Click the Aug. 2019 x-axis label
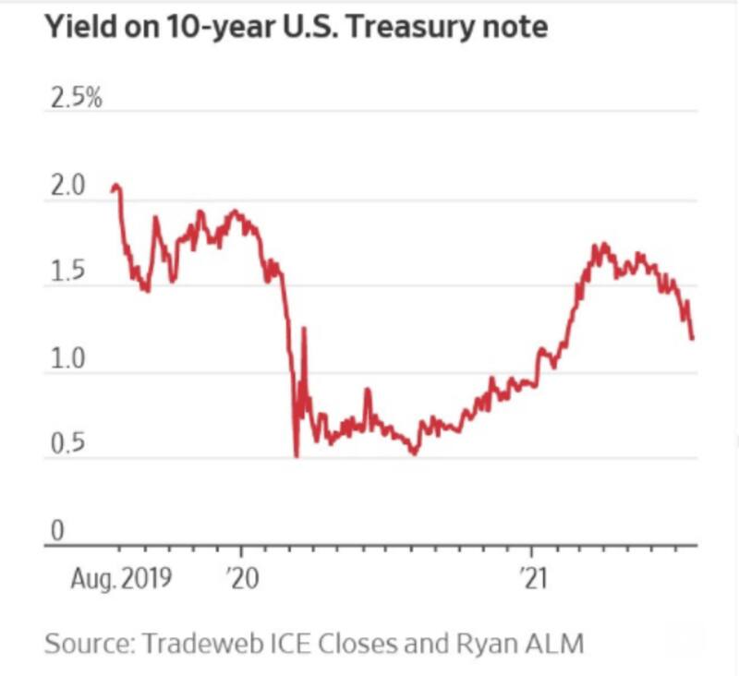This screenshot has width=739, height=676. click(x=121, y=579)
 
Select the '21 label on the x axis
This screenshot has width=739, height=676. click(x=533, y=579)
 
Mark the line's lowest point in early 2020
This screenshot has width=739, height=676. click(x=296, y=455)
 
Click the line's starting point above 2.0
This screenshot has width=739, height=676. click(x=112, y=188)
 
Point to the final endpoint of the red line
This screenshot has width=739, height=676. click(x=692, y=339)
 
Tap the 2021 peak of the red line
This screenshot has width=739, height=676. click(x=601, y=245)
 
